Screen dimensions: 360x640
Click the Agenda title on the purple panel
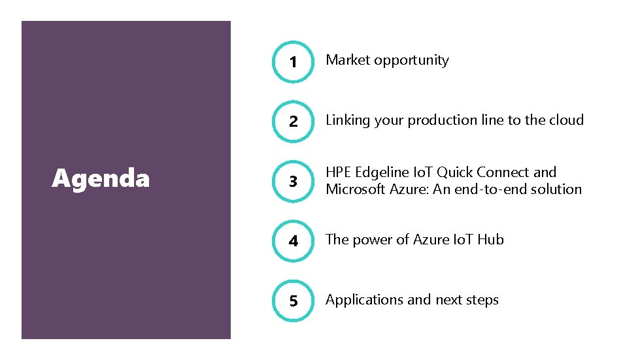click(x=101, y=178)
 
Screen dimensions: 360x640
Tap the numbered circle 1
click(x=293, y=62)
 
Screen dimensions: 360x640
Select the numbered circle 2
click(x=293, y=122)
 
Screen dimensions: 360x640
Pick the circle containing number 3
click(x=293, y=182)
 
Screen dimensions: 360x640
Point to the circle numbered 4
click(x=293, y=241)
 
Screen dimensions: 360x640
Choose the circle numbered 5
click(x=293, y=301)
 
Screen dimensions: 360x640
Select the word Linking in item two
click(x=348, y=120)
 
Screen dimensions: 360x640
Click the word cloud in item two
click(x=566, y=120)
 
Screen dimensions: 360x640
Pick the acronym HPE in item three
click(x=338, y=172)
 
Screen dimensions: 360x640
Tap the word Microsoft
click(x=357, y=189)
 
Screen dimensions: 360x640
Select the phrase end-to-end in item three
click(x=486, y=189)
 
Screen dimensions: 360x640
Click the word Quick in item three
click(x=456, y=172)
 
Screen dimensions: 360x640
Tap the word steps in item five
click(x=482, y=301)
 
